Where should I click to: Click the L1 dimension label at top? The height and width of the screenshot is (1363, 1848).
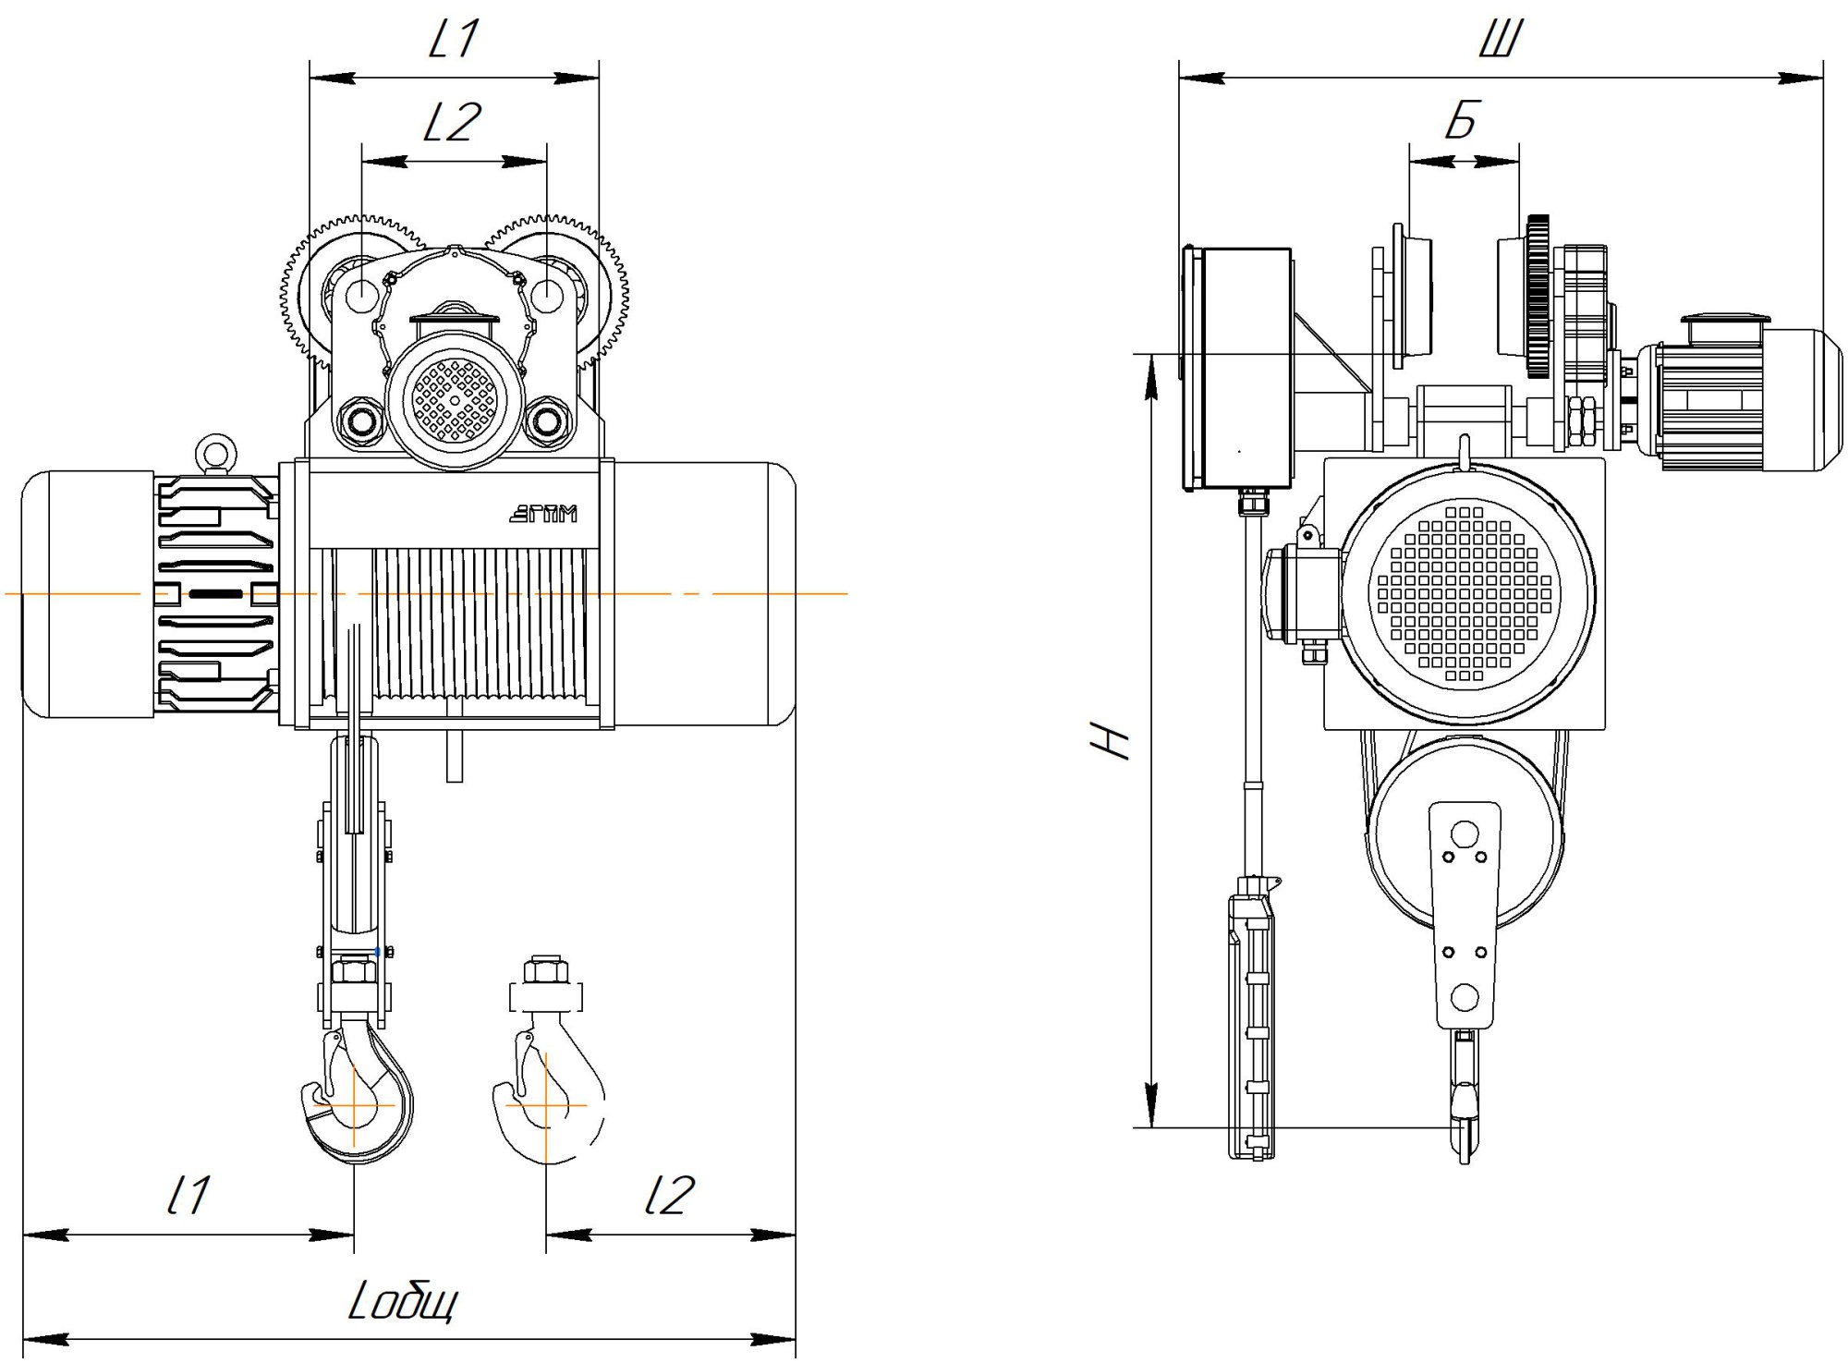(x=454, y=39)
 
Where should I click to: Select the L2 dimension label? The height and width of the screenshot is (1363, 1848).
(x=453, y=122)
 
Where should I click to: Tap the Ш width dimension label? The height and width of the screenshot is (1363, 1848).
(x=1501, y=40)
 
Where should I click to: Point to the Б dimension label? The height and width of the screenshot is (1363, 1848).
(x=1463, y=120)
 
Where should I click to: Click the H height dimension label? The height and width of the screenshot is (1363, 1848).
(x=1110, y=740)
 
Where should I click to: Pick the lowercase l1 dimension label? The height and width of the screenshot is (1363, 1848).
(x=188, y=1195)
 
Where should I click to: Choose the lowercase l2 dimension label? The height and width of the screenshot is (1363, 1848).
(x=669, y=1195)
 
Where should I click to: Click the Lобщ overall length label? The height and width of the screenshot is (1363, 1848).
(x=403, y=1303)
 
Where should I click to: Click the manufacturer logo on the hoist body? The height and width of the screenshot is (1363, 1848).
(x=543, y=513)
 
